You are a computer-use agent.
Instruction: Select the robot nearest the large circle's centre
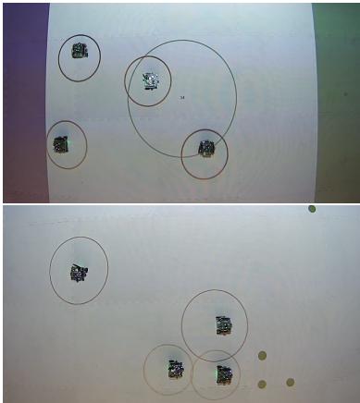(x=149, y=80)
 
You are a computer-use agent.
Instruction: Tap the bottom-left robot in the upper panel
(x=62, y=144)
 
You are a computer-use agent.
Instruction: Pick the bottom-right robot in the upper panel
(x=205, y=148)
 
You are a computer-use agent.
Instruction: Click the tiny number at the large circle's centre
(x=182, y=97)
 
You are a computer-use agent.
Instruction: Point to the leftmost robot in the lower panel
(x=78, y=273)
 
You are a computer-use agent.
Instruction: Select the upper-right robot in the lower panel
(x=223, y=324)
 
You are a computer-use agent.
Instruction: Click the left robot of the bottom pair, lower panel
(x=175, y=371)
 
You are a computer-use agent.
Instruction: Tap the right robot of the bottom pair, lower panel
(x=223, y=373)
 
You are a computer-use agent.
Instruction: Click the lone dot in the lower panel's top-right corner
(x=312, y=209)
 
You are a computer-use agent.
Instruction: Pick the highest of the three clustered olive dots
(x=262, y=354)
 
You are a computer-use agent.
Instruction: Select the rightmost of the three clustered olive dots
(x=290, y=382)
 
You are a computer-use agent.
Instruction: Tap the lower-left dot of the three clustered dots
(x=262, y=384)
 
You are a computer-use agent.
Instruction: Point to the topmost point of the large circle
(x=182, y=41)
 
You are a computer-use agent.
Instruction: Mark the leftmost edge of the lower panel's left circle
(x=49, y=270)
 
